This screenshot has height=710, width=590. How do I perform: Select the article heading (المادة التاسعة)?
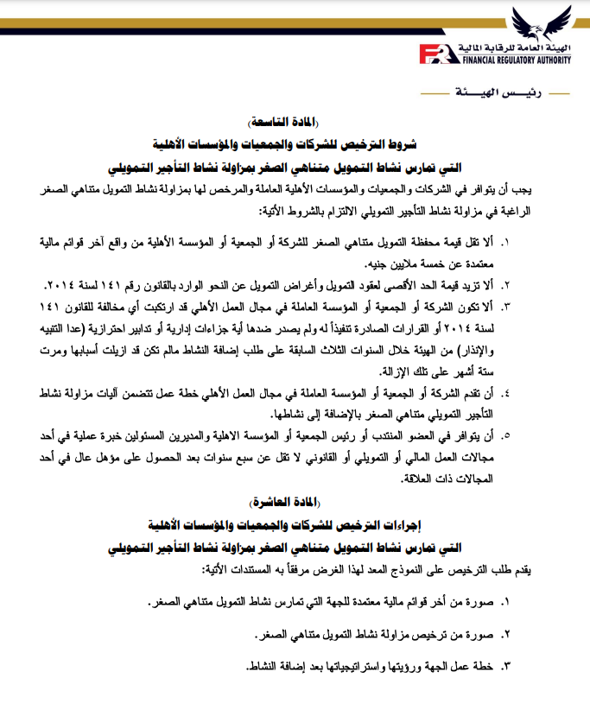point(295,123)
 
